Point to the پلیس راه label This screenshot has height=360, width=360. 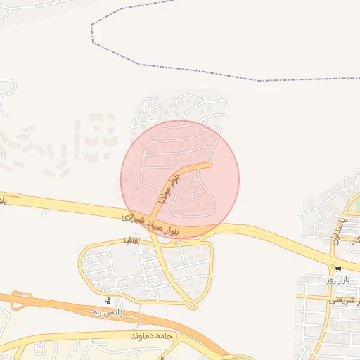[107, 311]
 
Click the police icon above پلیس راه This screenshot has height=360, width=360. [107, 301]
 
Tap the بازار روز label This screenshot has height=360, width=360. [338, 280]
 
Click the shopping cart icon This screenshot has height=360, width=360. [338, 269]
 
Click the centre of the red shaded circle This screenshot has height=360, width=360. [180, 179]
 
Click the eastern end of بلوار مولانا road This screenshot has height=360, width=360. [210, 165]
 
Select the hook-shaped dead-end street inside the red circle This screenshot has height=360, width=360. [190, 198]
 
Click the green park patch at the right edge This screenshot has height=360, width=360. [357, 204]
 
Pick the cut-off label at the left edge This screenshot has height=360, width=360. [3, 200]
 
